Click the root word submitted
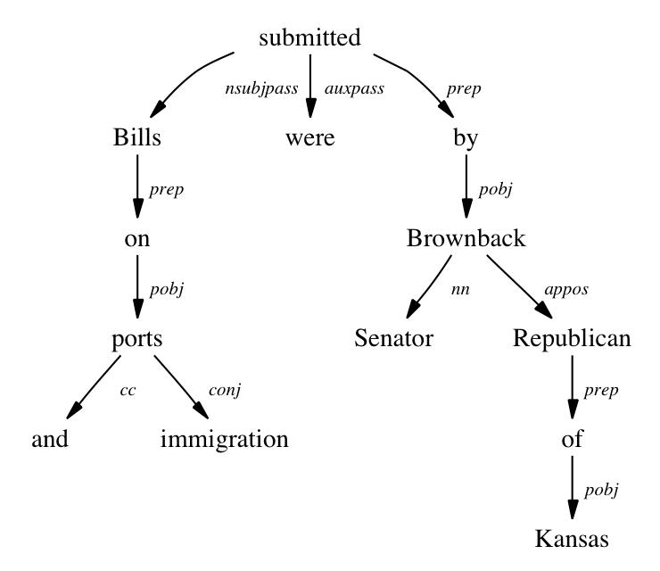(309, 38)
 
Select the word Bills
(137, 139)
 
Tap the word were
(309, 139)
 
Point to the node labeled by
(466, 139)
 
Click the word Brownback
(466, 239)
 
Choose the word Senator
(393, 339)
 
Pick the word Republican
(573, 339)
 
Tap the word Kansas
(573, 540)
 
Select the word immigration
(225, 439)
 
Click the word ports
(137, 339)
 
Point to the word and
(50, 439)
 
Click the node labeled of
(573, 439)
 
